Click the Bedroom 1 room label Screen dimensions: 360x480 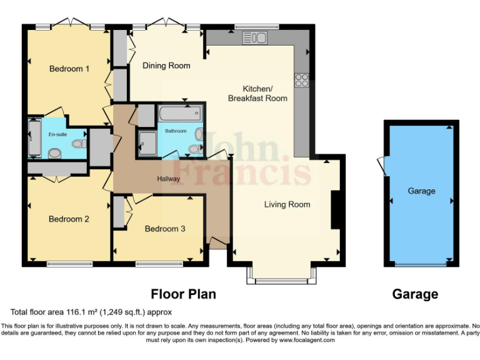[69, 69]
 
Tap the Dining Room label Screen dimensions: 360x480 [166, 66]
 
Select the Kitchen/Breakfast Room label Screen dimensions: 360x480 [257, 93]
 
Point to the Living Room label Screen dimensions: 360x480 [287, 204]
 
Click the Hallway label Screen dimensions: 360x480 [168, 179]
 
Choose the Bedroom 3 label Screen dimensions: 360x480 [165, 229]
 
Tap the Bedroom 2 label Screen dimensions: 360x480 [69, 219]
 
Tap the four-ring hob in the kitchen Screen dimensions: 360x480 [302, 80]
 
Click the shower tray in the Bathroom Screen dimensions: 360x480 [148, 140]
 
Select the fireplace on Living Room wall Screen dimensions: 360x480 [335, 210]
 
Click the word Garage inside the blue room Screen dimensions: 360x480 [421, 191]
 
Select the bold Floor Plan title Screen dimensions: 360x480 [183, 294]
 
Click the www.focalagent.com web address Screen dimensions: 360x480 [307, 341]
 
